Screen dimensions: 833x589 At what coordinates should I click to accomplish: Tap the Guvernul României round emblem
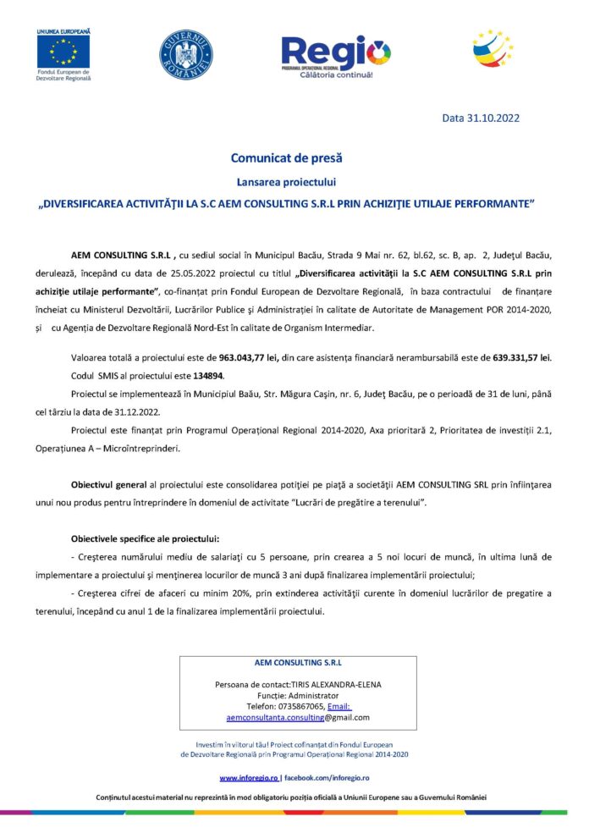pos(185,55)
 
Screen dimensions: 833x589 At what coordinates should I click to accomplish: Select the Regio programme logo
pos(335,55)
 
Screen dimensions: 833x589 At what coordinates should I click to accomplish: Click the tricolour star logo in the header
pos(493,48)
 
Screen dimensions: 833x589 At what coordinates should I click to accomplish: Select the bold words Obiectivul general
pos(108,485)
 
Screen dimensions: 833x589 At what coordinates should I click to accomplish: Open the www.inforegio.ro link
pos(249,778)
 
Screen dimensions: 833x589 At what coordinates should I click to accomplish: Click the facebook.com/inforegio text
pos(327,778)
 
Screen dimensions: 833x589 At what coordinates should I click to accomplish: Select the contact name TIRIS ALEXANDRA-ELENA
pos(335,683)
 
